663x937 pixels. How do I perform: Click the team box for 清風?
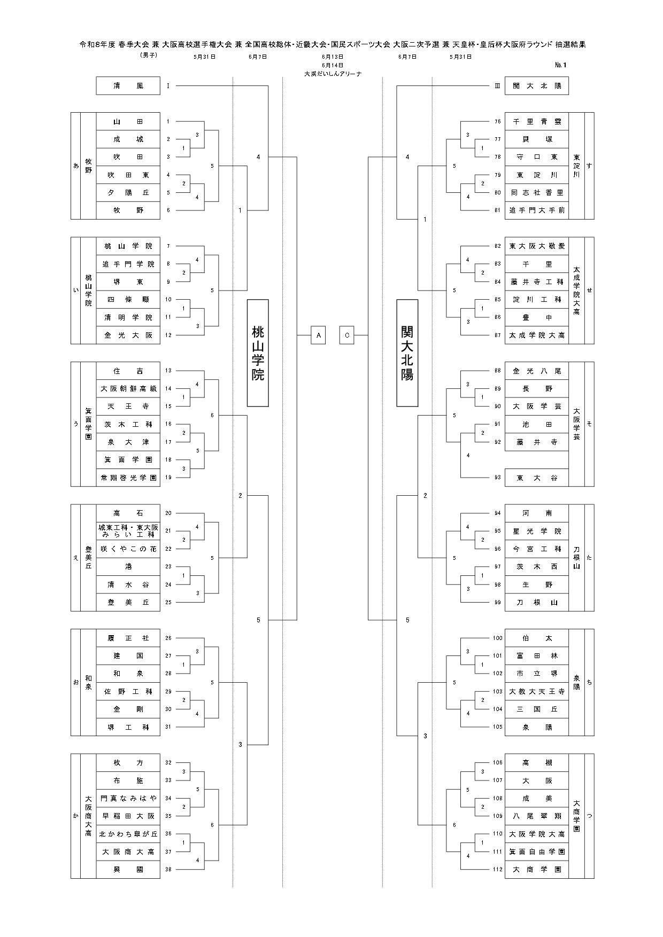click(x=128, y=85)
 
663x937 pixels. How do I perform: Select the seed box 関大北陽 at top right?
click(x=536, y=85)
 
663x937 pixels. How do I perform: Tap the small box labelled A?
click(x=318, y=335)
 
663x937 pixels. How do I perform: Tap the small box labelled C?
click(x=347, y=335)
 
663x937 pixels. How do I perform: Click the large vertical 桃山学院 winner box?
click(x=258, y=353)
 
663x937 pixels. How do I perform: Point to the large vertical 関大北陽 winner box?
click(x=407, y=353)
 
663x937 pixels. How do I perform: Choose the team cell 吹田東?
click(x=128, y=175)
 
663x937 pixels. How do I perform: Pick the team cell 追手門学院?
click(x=128, y=264)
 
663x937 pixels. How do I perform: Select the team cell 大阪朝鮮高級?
click(x=128, y=388)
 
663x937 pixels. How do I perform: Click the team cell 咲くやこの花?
click(x=128, y=549)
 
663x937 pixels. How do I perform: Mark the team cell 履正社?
click(x=128, y=638)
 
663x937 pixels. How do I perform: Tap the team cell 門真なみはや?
click(x=128, y=798)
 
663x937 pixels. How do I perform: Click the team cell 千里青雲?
click(x=536, y=121)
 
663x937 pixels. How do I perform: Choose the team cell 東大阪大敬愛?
click(x=536, y=246)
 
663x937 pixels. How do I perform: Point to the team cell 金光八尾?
click(x=536, y=371)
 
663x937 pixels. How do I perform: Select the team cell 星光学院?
click(x=536, y=531)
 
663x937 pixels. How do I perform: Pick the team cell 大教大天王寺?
click(x=536, y=691)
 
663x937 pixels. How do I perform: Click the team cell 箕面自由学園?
click(x=536, y=852)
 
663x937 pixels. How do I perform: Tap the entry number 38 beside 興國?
click(x=168, y=869)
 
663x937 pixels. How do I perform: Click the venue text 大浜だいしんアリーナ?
click(x=333, y=74)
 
